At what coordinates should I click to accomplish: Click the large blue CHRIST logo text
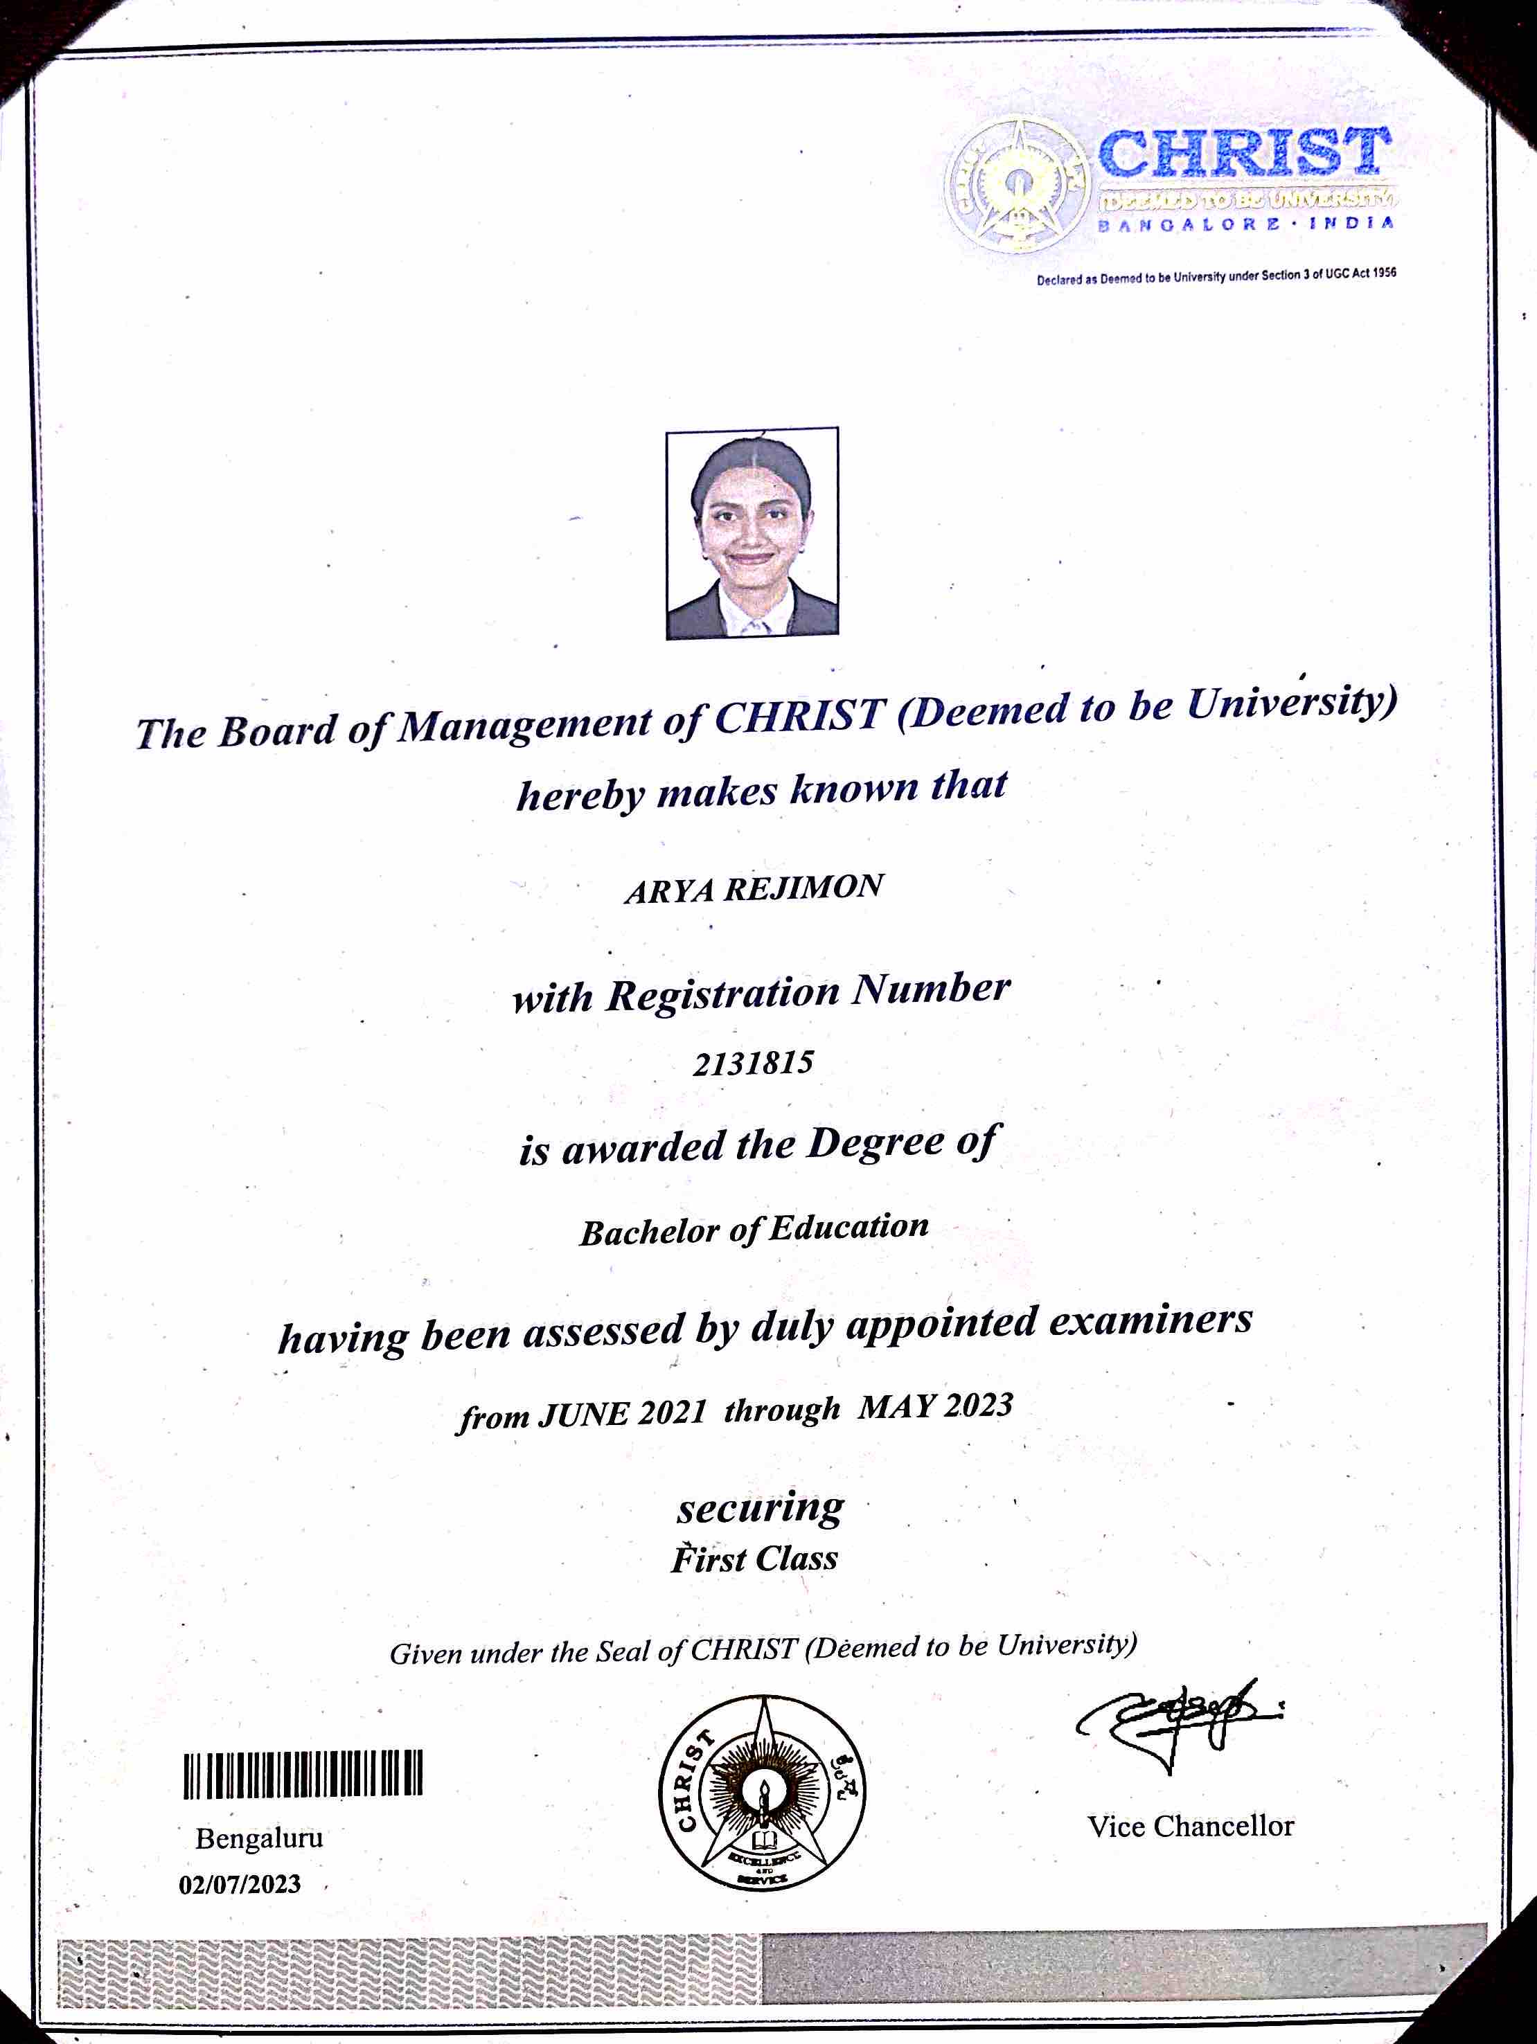tap(1243, 154)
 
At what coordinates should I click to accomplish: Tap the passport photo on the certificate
tap(752, 532)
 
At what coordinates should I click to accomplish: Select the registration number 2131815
tap(753, 1063)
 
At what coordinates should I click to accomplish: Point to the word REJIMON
tap(803, 887)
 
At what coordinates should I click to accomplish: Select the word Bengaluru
tap(259, 1838)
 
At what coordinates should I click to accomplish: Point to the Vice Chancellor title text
tap(1191, 1826)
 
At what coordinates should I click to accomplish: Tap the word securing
tap(760, 1509)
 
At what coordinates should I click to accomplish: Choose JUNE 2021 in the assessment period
tap(621, 1413)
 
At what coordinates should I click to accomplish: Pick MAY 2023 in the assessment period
tap(935, 1406)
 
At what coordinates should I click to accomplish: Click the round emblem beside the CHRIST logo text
tap(1018, 185)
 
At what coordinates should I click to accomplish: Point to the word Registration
tap(722, 994)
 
